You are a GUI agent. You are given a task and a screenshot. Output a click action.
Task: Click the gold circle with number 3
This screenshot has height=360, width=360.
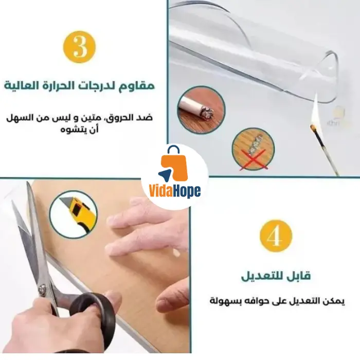click(79, 47)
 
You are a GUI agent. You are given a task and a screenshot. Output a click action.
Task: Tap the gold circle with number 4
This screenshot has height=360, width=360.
click(276, 236)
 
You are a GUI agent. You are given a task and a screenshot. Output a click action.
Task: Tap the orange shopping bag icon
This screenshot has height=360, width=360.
click(175, 165)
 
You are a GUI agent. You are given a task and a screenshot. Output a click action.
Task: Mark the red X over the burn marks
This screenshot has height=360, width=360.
click(253, 159)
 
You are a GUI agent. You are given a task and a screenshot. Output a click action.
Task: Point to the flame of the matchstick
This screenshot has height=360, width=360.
click(315, 110)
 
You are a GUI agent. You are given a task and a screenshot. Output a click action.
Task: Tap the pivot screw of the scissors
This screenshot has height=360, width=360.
click(42, 289)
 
